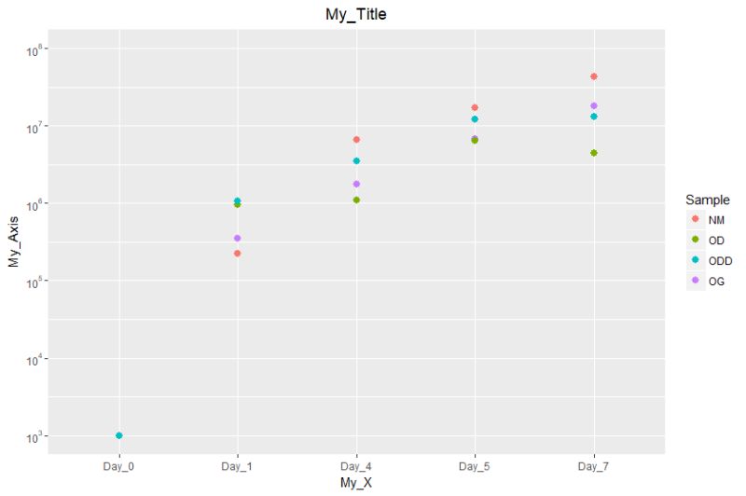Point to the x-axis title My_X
[x=355, y=482]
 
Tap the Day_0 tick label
[x=118, y=463]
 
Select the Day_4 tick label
[x=355, y=463]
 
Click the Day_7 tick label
[x=593, y=463]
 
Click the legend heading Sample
[x=706, y=200]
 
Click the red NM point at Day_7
[x=593, y=76]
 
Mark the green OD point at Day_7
[x=593, y=153]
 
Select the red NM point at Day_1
[x=238, y=254]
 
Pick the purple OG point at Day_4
[x=356, y=184]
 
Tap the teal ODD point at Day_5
[x=475, y=119]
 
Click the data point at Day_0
[x=119, y=435]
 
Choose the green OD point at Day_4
[x=356, y=200]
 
